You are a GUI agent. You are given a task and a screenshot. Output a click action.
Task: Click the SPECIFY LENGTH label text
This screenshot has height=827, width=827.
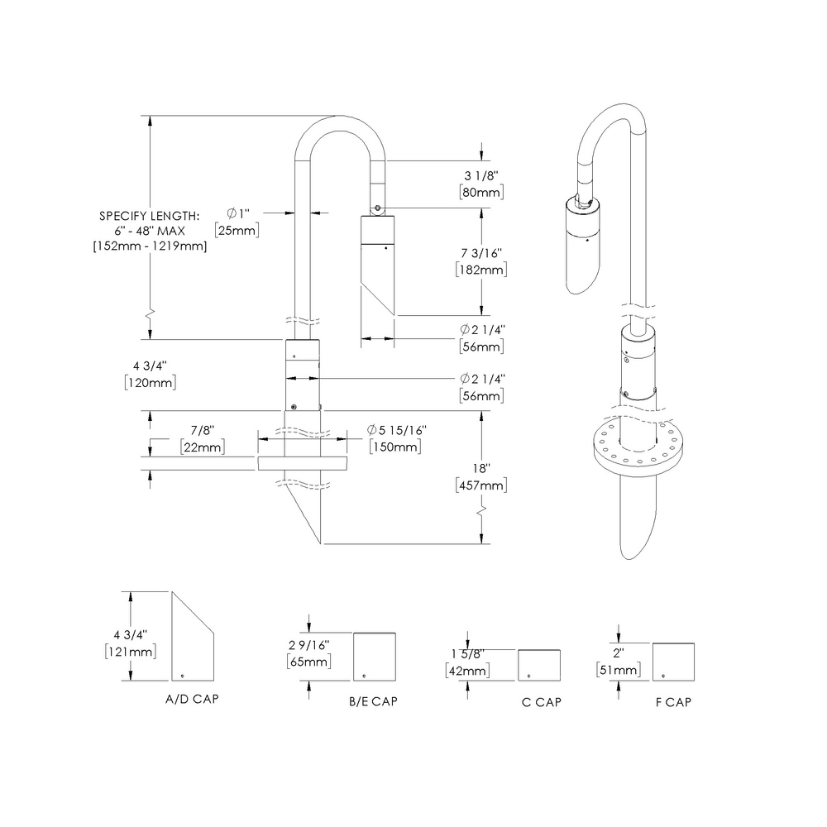(x=149, y=215)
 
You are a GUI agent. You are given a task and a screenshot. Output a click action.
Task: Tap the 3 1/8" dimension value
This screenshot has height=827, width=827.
(x=481, y=175)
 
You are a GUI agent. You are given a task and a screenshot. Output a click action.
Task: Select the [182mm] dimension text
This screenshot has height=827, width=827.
(x=480, y=270)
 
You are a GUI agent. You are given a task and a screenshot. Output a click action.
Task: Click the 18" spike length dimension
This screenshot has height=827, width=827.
(x=482, y=468)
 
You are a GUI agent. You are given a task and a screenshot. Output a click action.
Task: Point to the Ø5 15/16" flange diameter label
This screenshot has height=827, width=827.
(x=396, y=430)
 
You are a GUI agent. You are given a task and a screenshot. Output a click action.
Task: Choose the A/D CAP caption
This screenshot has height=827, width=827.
(x=193, y=699)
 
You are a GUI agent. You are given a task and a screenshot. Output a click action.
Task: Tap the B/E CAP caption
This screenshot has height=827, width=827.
(x=373, y=702)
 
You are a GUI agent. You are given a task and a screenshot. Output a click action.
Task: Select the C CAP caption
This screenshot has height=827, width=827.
(x=542, y=702)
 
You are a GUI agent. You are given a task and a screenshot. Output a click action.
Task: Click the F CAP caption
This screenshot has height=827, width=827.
(x=672, y=702)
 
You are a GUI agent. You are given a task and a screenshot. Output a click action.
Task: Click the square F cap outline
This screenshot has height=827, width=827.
(x=673, y=661)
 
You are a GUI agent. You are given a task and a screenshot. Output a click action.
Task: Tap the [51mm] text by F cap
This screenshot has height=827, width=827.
(x=617, y=669)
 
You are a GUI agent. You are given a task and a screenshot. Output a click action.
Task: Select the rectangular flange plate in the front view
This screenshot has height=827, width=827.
(x=301, y=463)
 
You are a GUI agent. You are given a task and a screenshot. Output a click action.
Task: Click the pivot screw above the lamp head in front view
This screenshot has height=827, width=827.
(x=377, y=208)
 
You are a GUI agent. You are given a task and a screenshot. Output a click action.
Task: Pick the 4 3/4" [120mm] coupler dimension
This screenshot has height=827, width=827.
(x=150, y=374)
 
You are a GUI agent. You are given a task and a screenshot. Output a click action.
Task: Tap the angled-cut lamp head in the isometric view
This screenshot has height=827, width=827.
(x=585, y=248)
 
